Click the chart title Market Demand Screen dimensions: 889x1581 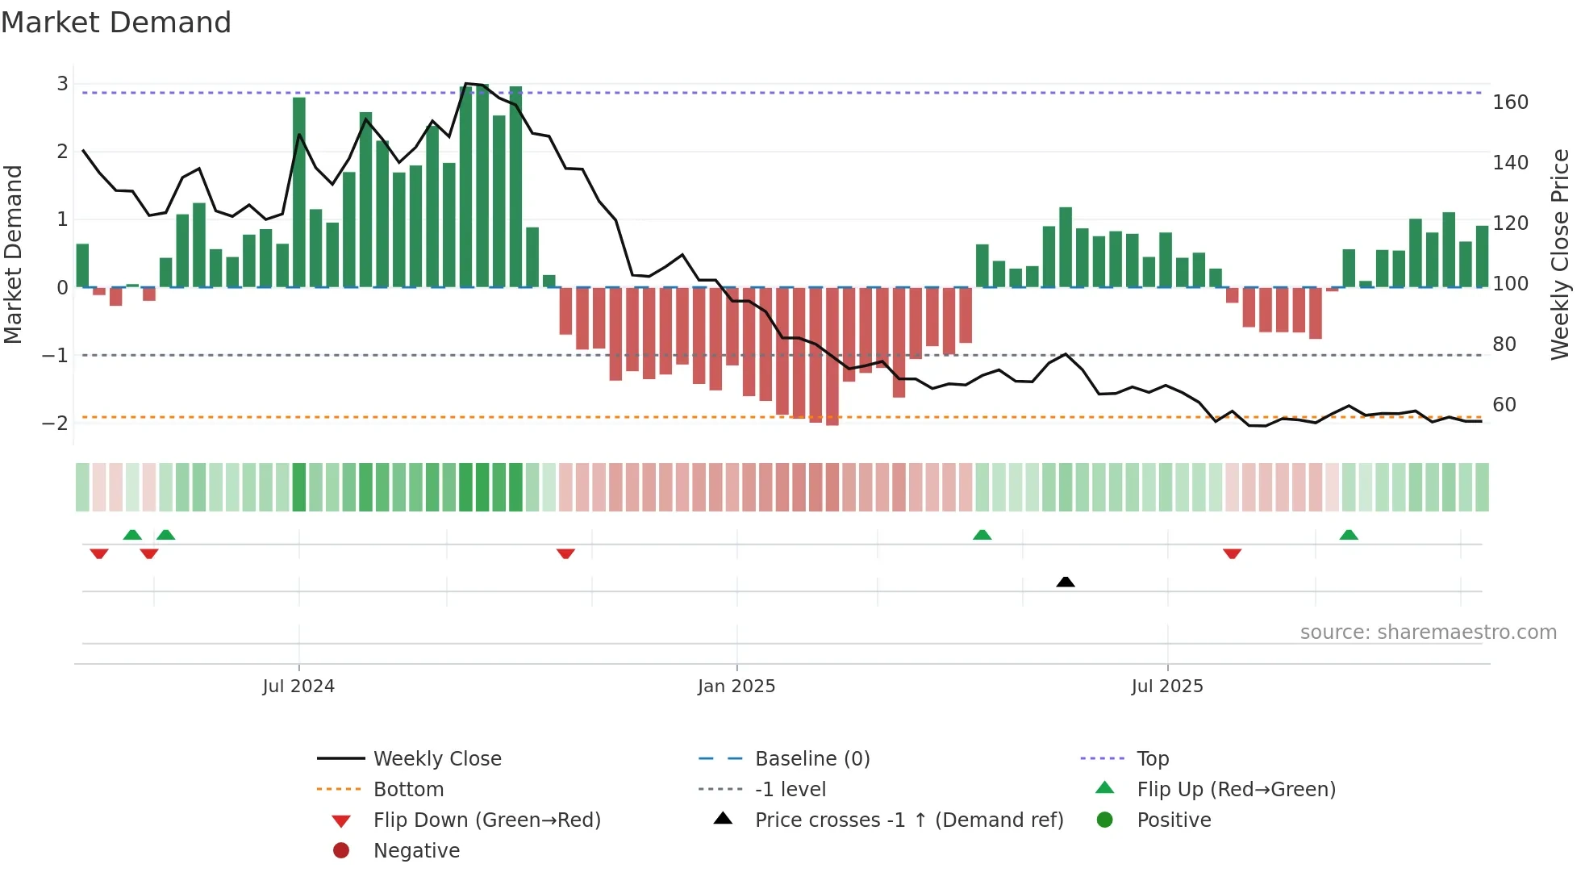[x=116, y=23]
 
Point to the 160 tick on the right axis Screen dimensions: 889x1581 [x=1510, y=102]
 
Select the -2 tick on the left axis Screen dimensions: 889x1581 [x=55, y=423]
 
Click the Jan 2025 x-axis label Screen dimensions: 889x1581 [x=736, y=687]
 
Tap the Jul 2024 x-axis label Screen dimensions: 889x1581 [x=298, y=687]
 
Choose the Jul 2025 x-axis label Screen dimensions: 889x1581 [x=1166, y=687]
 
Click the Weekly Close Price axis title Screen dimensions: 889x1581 [x=1560, y=254]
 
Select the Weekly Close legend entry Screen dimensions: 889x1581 [x=436, y=759]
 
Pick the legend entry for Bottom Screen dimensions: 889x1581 [x=408, y=790]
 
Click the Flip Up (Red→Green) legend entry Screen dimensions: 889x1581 [x=1236, y=790]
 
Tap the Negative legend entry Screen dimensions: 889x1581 [x=416, y=851]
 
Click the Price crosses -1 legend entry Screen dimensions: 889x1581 [x=908, y=820]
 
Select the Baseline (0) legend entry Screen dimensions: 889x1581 [x=811, y=759]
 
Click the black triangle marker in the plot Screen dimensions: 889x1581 [x=1065, y=582]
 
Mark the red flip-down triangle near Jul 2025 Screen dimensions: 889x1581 [x=1232, y=553]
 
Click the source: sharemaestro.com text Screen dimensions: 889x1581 [x=1428, y=632]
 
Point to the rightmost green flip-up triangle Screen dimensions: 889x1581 [x=1349, y=535]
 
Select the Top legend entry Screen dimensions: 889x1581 [x=1152, y=759]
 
